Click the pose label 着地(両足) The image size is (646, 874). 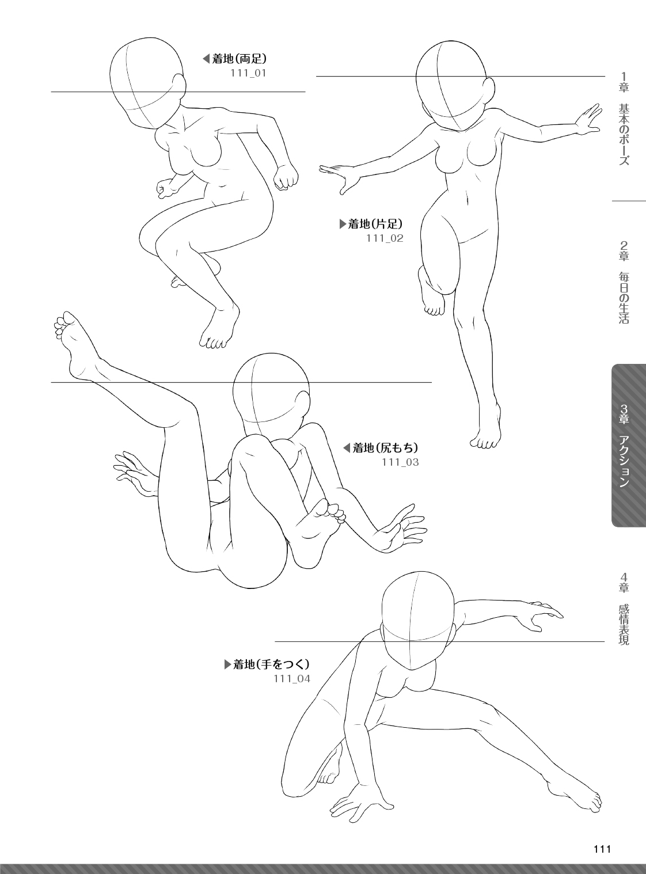240,59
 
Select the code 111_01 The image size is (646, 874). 248,73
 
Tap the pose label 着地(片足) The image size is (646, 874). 375,224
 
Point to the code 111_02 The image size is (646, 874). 385,238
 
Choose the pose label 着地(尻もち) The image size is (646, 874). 385,448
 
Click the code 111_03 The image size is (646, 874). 400,462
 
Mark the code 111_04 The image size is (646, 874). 292,679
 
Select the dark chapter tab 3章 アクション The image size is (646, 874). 629,445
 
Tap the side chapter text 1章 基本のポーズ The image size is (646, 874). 624,118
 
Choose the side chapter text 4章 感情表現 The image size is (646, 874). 624,615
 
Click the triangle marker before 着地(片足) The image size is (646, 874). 343,224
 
